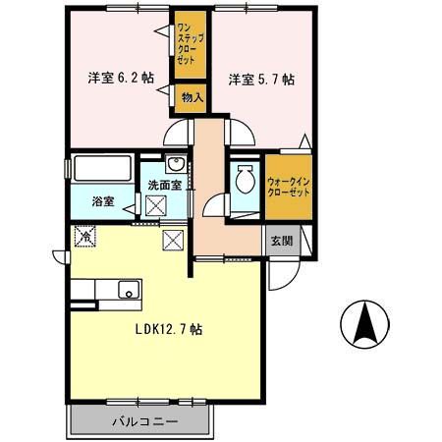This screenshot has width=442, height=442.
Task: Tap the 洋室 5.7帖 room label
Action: pos(262,79)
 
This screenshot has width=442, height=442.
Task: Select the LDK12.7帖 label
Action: pos(168,330)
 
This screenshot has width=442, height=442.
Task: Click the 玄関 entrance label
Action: pos(280,242)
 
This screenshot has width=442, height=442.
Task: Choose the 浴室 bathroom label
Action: pos(103,202)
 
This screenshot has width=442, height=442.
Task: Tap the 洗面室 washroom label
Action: pos(162,185)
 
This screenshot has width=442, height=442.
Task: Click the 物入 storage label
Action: pos(192,96)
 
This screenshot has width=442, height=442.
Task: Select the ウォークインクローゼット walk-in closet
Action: pos(288,186)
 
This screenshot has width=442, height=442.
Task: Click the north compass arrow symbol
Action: pos(364,322)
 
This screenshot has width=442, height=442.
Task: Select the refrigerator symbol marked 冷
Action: pos(86,236)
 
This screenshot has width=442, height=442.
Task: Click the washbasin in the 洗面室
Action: pos(174,165)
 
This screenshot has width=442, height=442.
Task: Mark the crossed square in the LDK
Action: pos(173,239)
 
